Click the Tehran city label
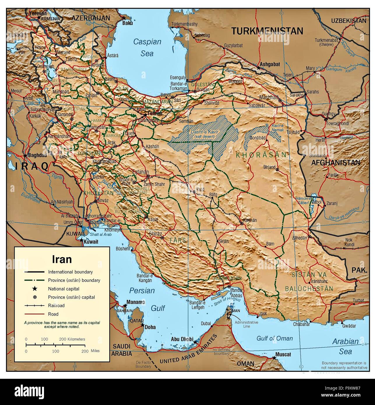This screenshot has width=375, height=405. click(154, 114)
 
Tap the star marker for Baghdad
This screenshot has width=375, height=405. click(25, 156)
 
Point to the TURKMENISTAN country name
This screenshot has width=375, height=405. click(267, 31)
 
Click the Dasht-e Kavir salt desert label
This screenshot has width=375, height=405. click(202, 134)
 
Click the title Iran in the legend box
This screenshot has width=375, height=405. click(62, 259)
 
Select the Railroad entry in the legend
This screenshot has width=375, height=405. click(56, 306)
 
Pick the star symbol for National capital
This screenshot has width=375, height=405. click(35, 289)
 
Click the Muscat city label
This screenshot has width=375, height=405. click(284, 354)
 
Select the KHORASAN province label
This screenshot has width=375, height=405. click(261, 155)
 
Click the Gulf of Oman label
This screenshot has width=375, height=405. click(274, 338)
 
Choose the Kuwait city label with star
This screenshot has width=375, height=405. click(91, 242)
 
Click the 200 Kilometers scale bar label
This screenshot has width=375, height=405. click(72, 339)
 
